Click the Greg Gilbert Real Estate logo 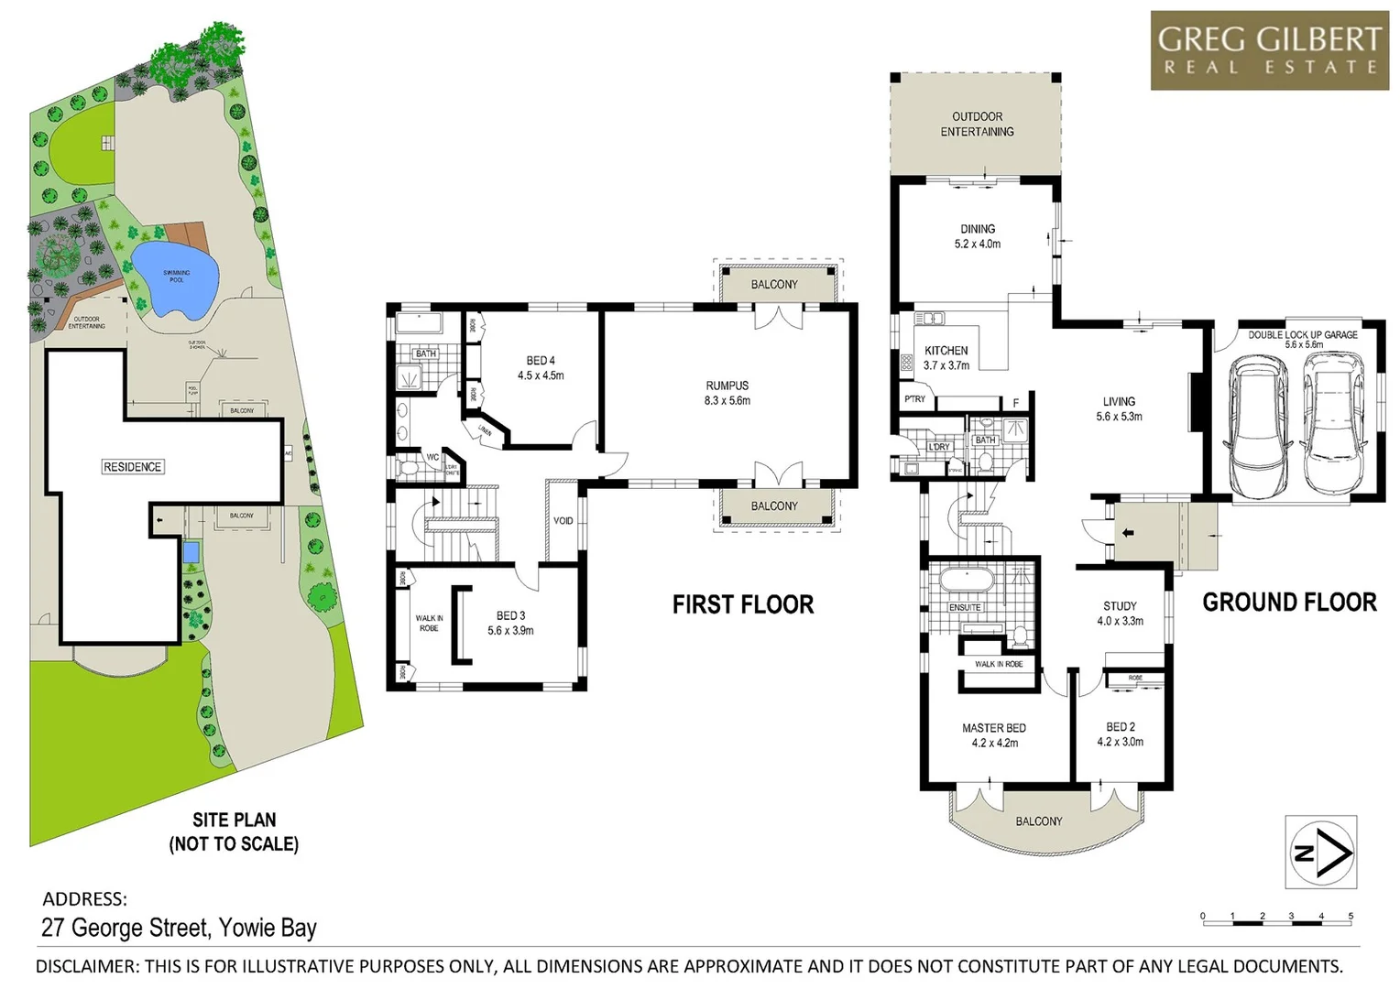pyautogui.click(x=1269, y=50)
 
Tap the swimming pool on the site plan pyautogui.click(x=176, y=278)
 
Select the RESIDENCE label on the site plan pyautogui.click(x=132, y=467)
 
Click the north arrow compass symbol pyautogui.click(x=1321, y=853)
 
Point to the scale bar pyautogui.click(x=1276, y=917)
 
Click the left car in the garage pyautogui.click(x=1263, y=427)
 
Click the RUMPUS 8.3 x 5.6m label pyautogui.click(x=727, y=393)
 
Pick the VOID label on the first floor pyautogui.click(x=563, y=521)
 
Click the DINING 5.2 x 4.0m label pyautogui.click(x=978, y=236)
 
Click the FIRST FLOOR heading pyautogui.click(x=743, y=604)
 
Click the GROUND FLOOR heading pyautogui.click(x=1289, y=603)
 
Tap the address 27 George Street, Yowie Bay pyautogui.click(x=180, y=928)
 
